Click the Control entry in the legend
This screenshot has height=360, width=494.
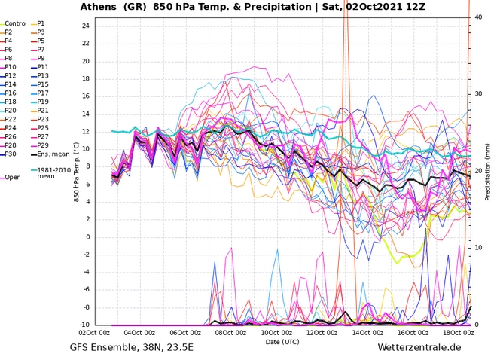[16, 23]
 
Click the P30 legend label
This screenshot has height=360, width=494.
[11, 154]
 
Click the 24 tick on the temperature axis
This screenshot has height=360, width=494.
[86, 26]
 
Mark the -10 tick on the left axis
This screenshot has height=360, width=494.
[84, 325]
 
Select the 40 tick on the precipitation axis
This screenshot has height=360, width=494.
[479, 17]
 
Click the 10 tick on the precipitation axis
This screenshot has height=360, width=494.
[479, 249]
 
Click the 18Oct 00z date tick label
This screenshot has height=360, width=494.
[459, 332]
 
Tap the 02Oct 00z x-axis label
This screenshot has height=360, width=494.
[94, 332]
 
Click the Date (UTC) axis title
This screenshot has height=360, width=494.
[283, 341]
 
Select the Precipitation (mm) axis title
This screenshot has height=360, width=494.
[489, 171]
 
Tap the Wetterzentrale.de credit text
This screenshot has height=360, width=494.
[419, 348]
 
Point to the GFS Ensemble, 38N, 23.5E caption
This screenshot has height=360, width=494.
[132, 348]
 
